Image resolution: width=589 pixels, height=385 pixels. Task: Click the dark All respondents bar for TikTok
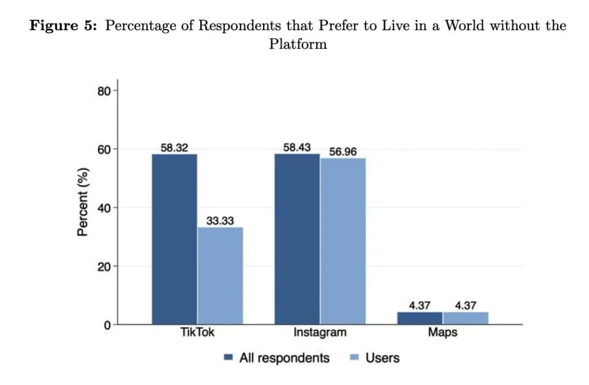pos(174,239)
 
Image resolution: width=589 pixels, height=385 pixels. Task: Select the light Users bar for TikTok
pos(220,276)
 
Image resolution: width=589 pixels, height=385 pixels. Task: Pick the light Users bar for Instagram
pos(343,241)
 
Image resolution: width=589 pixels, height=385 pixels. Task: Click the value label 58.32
pos(174,148)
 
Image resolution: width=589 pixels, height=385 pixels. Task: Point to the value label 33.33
pos(220,220)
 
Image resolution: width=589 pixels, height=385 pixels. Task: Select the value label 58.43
pos(297,147)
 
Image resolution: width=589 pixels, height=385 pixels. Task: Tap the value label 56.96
pos(343,151)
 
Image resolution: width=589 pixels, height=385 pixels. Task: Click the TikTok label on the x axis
pos(197,332)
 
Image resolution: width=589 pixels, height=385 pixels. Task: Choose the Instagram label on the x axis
pos(320,332)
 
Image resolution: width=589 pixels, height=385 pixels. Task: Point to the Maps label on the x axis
pos(443,332)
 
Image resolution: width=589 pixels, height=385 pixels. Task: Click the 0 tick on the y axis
pos(108,325)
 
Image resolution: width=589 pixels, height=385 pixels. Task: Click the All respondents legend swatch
pos(228,358)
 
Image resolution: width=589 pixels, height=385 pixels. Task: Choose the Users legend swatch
pos(354,358)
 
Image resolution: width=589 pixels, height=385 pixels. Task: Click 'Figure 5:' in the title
pos(62,25)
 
